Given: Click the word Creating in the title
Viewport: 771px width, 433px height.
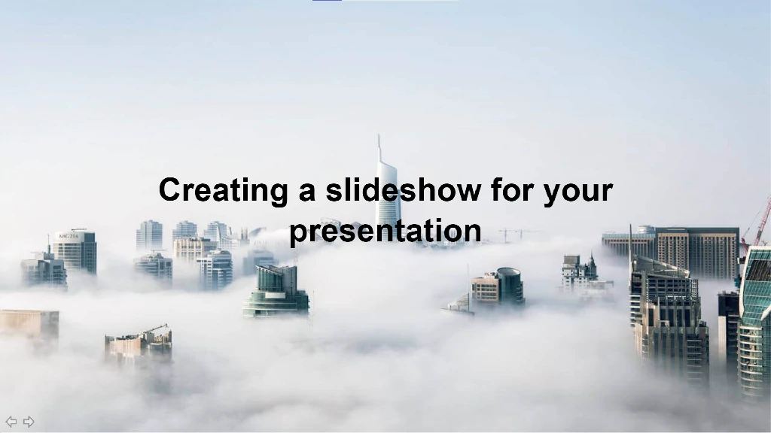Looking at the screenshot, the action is click(x=223, y=191).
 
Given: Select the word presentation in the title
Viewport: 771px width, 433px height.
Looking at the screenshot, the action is click(x=385, y=232).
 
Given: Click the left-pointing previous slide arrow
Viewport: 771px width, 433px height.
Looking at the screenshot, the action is click(x=11, y=421).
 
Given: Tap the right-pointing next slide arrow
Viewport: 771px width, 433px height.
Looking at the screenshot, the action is click(x=29, y=421).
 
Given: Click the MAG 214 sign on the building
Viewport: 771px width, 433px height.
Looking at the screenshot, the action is click(x=68, y=236).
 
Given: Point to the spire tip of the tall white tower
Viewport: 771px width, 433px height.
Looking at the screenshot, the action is click(x=379, y=135).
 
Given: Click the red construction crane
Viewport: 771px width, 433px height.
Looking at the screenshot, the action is click(x=757, y=223).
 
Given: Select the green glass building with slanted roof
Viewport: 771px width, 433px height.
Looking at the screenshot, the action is click(x=276, y=291).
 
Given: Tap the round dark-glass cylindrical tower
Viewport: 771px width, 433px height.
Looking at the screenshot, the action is click(x=510, y=285).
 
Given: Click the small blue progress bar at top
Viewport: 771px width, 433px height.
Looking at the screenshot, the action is click(x=327, y=1).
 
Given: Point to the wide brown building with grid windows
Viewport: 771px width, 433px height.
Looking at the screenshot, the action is click(x=696, y=253).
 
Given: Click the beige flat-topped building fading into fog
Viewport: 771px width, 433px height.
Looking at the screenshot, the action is click(x=29, y=323).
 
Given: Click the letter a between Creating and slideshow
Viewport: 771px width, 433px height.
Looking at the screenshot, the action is click(x=307, y=192).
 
